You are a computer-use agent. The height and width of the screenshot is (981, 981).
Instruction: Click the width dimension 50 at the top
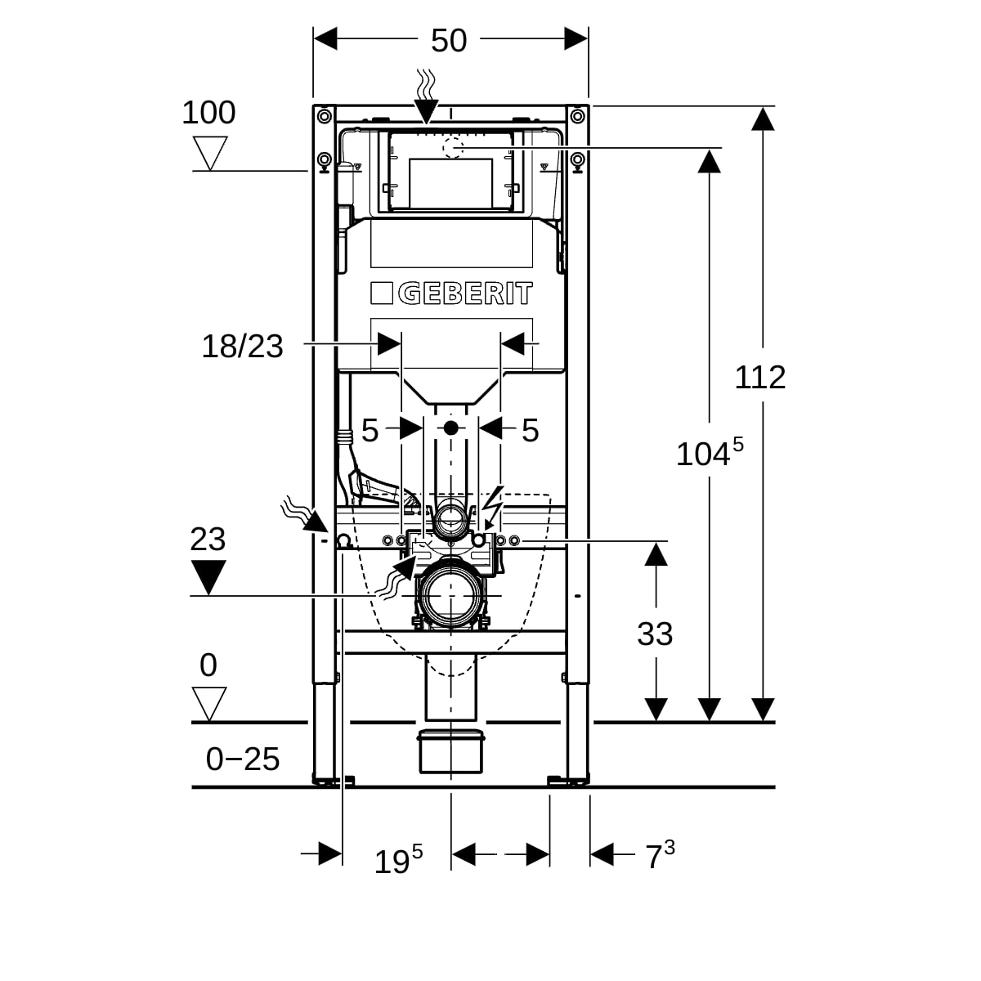pyautogui.click(x=448, y=40)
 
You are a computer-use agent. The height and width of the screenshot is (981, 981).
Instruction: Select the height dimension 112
pyautogui.click(x=759, y=377)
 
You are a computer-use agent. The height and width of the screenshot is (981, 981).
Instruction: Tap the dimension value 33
pyautogui.click(x=655, y=634)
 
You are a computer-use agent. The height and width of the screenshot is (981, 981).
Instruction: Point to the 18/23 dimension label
pyautogui.click(x=242, y=346)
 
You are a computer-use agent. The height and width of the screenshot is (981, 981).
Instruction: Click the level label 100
pyautogui.click(x=208, y=113)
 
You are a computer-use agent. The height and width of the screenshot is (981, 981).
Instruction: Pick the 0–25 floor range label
pyautogui.click(x=243, y=759)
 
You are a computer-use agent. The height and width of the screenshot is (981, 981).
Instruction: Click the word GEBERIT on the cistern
pyautogui.click(x=465, y=293)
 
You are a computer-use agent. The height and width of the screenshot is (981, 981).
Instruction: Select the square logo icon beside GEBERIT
pyautogui.click(x=383, y=293)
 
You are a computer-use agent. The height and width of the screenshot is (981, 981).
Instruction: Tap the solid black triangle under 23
pyautogui.click(x=208, y=576)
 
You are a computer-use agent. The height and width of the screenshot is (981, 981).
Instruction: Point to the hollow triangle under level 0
pyautogui.click(x=209, y=702)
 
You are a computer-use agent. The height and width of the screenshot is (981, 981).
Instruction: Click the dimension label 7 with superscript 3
pyautogui.click(x=660, y=856)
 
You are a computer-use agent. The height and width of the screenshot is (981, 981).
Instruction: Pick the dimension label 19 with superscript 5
pyautogui.click(x=398, y=859)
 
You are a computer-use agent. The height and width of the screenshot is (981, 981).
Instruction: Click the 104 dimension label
pyautogui.click(x=709, y=452)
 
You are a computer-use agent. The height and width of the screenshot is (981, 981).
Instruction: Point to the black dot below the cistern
pyautogui.click(x=450, y=427)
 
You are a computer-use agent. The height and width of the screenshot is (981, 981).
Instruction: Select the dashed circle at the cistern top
pyautogui.click(x=451, y=148)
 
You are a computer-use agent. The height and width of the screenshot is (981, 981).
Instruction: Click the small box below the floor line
pyautogui.click(x=450, y=751)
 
